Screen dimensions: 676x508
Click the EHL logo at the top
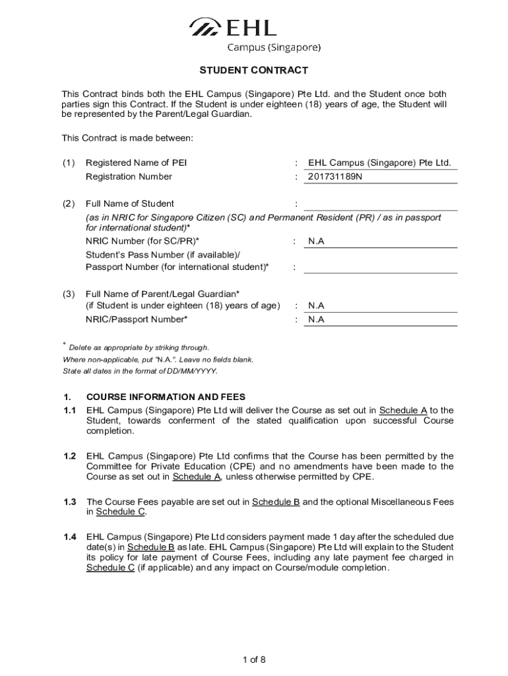point(232,27)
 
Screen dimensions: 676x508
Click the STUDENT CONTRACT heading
point(254,71)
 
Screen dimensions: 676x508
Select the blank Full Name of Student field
point(380,203)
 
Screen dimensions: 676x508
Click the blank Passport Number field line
point(380,267)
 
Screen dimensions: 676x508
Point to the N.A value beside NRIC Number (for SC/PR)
point(317,242)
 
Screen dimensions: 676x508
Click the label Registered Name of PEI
point(136,163)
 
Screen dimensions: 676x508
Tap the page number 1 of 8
point(254,659)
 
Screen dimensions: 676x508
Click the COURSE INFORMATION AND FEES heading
point(166,397)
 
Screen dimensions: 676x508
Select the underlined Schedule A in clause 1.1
point(403,410)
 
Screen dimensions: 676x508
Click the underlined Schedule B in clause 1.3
point(276,502)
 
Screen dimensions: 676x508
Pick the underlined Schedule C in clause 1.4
point(110,568)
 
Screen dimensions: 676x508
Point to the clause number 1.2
point(70,456)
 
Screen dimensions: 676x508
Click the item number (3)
point(69,293)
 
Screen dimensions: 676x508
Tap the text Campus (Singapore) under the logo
point(274,47)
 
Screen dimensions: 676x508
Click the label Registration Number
point(129,176)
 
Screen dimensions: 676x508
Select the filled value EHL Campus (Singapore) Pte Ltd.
point(379,163)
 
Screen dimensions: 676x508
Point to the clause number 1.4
point(70,537)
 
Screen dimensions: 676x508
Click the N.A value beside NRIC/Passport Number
point(317,320)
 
